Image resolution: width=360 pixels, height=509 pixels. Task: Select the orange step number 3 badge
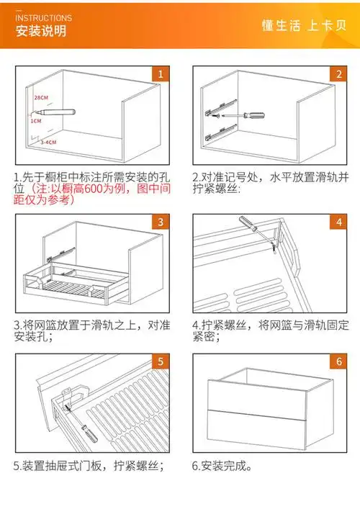pyautogui.click(x=161, y=222)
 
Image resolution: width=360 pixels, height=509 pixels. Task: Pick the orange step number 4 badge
pyautogui.click(x=338, y=222)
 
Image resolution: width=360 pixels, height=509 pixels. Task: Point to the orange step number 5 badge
pyautogui.click(x=161, y=361)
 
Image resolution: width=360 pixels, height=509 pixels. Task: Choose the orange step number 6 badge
pyautogui.click(x=338, y=361)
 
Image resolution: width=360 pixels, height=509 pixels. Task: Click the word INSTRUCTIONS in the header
pyautogui.click(x=44, y=17)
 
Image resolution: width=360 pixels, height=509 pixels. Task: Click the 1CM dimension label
pyautogui.click(x=36, y=122)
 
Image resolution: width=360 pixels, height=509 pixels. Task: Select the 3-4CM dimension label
pyautogui.click(x=48, y=143)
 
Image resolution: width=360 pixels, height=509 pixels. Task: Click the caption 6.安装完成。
pyautogui.click(x=222, y=466)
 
